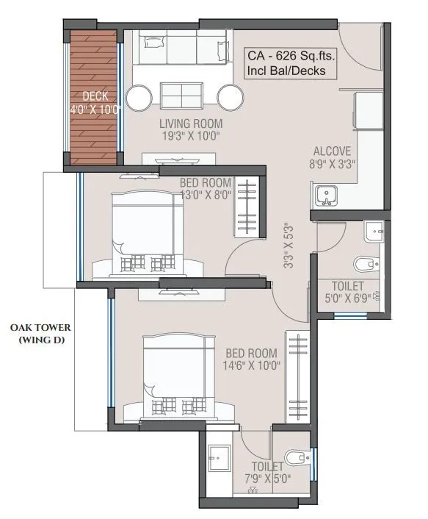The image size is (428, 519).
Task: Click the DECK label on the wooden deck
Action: pos(95,96)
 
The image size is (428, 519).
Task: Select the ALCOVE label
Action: pos(335,151)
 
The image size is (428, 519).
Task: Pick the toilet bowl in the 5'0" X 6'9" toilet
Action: pos(365,262)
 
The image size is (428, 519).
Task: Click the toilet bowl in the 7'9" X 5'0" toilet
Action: pos(297,458)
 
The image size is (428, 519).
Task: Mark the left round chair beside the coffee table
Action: pos(139,97)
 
